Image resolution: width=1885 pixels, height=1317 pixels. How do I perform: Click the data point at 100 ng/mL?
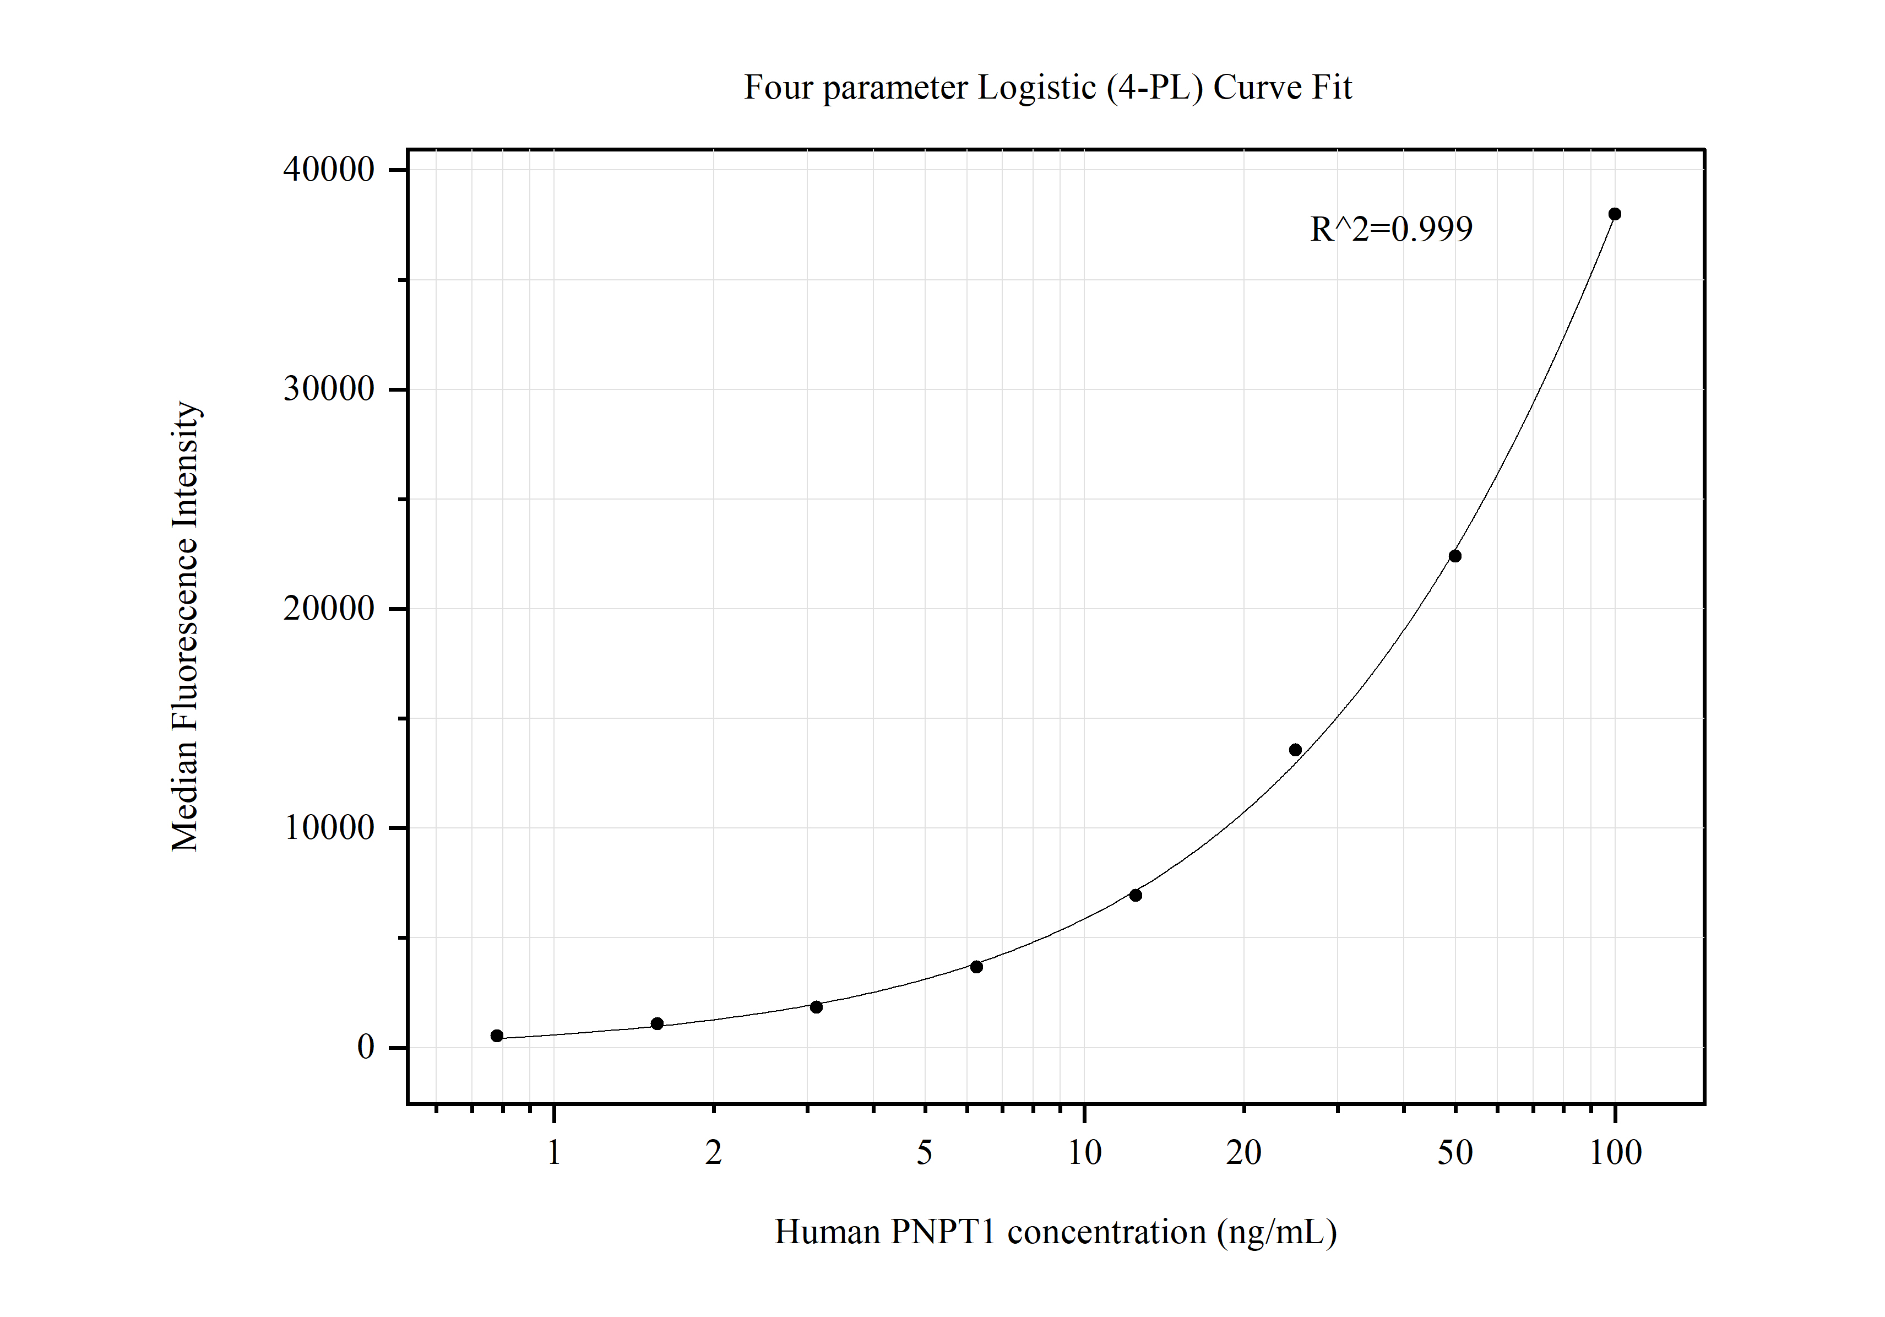click(1614, 214)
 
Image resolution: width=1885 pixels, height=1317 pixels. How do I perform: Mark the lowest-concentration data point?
click(497, 1036)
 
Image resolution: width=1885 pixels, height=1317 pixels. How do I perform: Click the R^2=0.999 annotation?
click(1391, 229)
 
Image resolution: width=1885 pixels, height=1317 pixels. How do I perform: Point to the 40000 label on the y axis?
click(328, 170)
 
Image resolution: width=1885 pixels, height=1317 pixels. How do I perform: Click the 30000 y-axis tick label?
click(328, 389)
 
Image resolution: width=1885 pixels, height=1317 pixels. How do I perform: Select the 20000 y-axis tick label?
click(328, 609)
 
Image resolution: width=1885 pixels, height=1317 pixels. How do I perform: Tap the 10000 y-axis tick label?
click(328, 828)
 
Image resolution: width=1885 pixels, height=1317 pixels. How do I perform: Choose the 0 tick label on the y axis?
click(365, 1048)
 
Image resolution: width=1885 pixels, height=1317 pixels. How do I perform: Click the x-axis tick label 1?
click(554, 1153)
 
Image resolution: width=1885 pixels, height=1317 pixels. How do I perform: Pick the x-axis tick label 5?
click(925, 1153)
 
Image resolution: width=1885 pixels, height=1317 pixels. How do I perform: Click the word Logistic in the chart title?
click(1036, 88)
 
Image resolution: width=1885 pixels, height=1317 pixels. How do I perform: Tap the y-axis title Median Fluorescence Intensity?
click(184, 626)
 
